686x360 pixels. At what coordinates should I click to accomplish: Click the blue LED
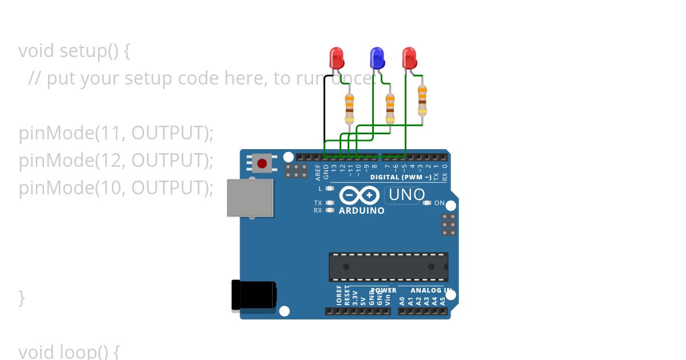click(376, 57)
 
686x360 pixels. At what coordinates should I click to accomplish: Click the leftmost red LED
click(337, 57)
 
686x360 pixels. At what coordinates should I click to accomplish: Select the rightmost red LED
click(409, 57)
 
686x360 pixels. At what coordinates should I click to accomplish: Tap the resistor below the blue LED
click(390, 107)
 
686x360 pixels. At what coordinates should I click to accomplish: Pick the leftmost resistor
click(349, 109)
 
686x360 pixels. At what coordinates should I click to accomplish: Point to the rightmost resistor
click(422, 100)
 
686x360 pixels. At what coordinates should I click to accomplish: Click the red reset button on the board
click(262, 164)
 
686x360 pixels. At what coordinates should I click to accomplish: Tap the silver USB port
click(250, 198)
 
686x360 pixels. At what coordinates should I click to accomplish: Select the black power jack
click(254, 295)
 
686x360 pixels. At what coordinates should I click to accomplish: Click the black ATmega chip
click(388, 267)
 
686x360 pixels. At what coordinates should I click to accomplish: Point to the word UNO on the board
click(406, 195)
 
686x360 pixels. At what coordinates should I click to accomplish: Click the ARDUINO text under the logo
click(361, 211)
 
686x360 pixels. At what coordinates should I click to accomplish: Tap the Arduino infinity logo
click(359, 195)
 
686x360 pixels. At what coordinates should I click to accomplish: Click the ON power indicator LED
click(426, 203)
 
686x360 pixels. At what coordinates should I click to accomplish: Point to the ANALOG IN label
click(435, 290)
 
